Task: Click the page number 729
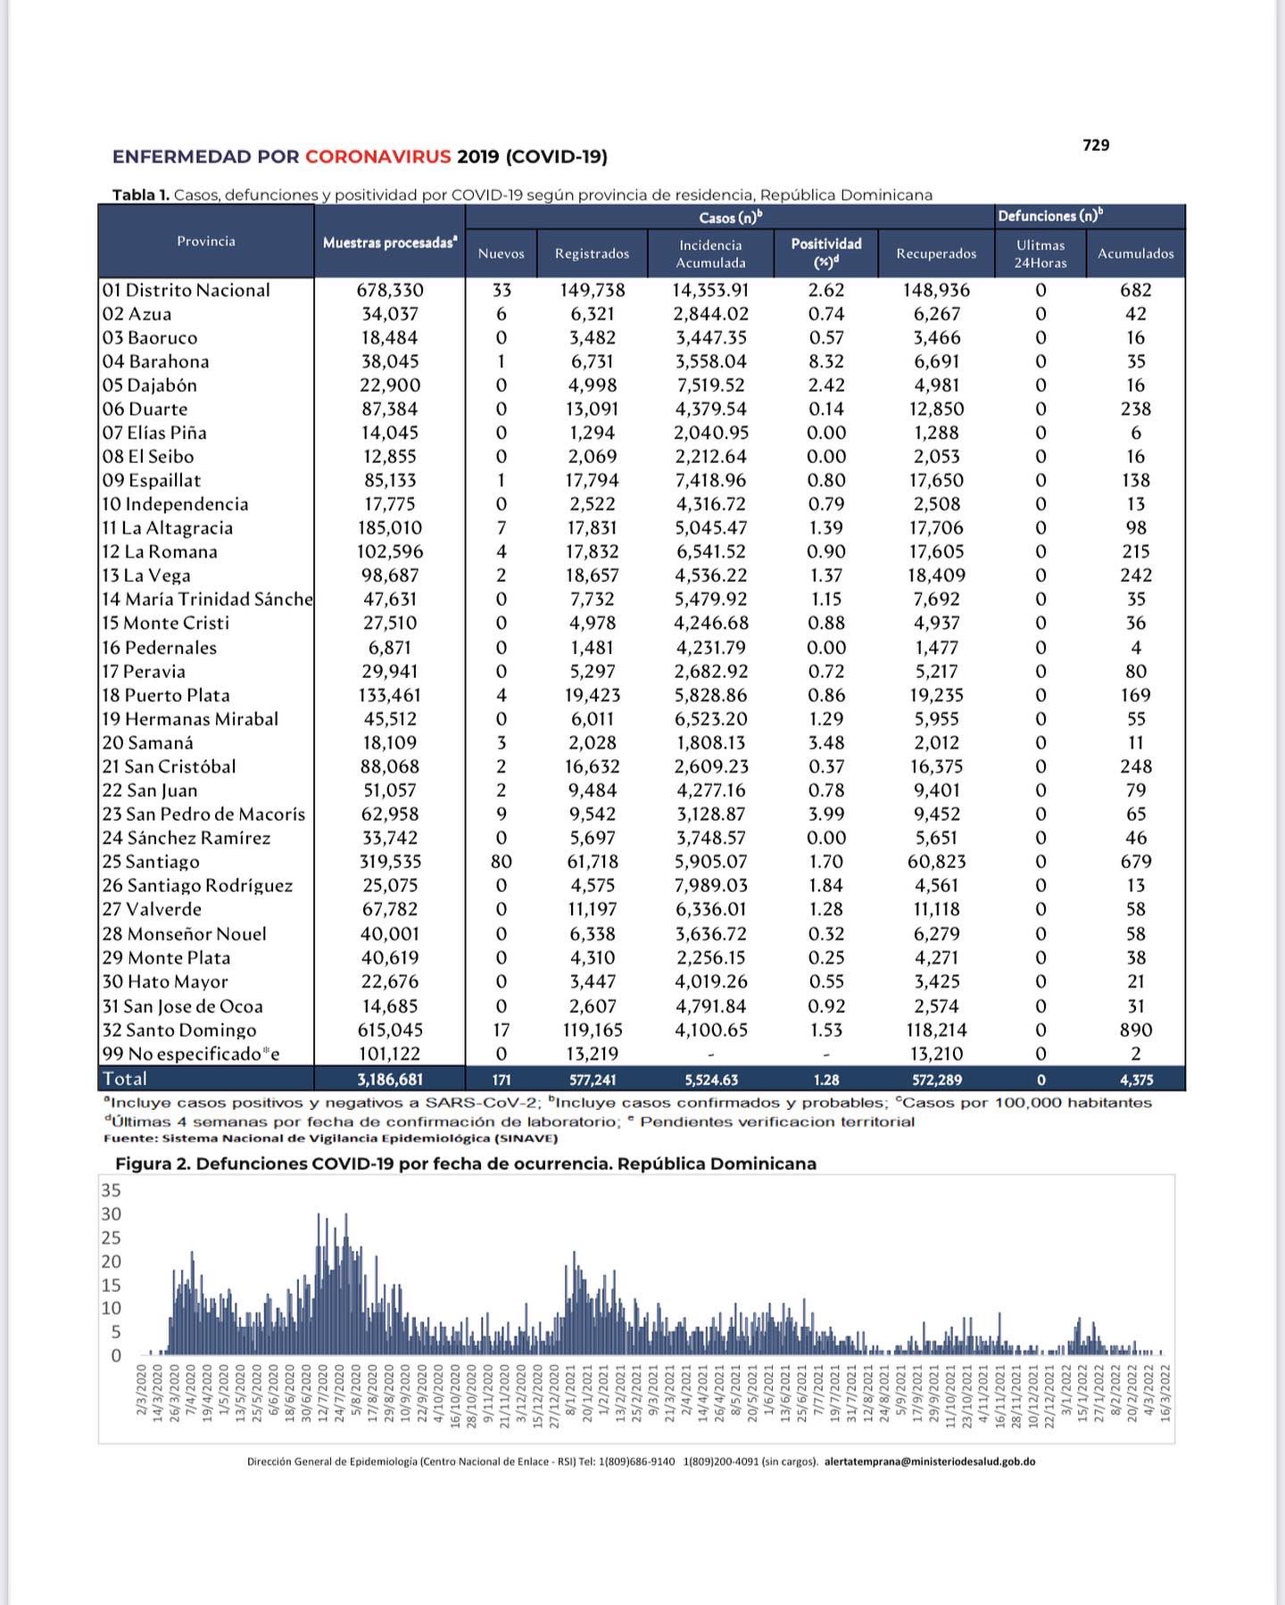[x=1095, y=145]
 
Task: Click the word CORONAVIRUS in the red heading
[x=377, y=157]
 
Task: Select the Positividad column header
[x=826, y=252]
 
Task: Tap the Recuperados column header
[x=936, y=253]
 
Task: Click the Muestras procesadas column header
[x=390, y=243]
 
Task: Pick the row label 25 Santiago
[x=151, y=862]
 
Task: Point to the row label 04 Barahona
[x=155, y=361]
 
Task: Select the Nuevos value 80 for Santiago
[x=502, y=862]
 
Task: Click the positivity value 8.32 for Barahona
[x=826, y=361]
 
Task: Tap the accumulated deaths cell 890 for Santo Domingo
[x=1135, y=1030]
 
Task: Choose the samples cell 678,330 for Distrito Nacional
[x=390, y=290]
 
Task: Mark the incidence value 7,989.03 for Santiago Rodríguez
[x=711, y=885]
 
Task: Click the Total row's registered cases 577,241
[x=593, y=1080]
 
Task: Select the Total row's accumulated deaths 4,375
[x=1136, y=1080]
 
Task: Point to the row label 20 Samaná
[x=147, y=742]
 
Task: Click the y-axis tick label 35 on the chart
[x=111, y=1190]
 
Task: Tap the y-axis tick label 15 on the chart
[x=111, y=1286]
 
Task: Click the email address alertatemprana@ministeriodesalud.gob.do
[x=930, y=1462]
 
